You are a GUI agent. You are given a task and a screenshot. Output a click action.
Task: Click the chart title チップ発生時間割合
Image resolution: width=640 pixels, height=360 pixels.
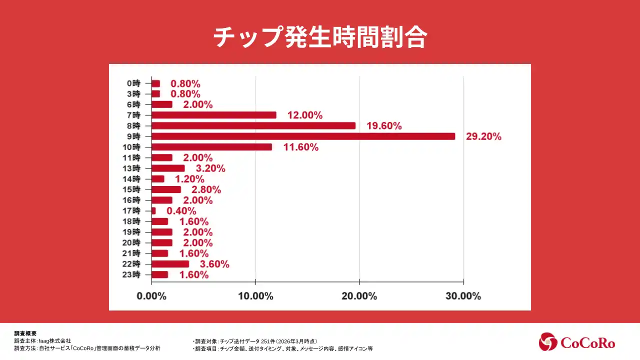click(320, 37)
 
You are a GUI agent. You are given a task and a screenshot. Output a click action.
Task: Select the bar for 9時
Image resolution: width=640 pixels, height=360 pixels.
click(303, 136)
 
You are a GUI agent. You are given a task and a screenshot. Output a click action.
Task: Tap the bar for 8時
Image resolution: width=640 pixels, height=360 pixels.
click(253, 125)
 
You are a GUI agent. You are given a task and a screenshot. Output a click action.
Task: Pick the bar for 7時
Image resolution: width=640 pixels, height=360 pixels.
click(214, 115)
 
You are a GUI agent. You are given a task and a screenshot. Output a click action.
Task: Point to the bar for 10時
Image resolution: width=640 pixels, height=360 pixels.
click(212, 147)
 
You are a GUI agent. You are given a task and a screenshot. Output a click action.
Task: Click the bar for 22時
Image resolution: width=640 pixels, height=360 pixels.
click(170, 264)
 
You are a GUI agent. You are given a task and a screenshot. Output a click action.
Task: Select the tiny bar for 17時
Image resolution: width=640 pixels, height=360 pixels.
click(153, 211)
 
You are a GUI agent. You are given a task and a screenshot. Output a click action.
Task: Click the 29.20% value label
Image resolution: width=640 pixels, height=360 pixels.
click(483, 136)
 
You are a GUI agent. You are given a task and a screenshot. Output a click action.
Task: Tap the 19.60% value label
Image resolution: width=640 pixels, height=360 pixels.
click(384, 126)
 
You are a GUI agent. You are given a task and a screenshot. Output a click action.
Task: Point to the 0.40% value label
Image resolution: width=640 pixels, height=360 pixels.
click(181, 211)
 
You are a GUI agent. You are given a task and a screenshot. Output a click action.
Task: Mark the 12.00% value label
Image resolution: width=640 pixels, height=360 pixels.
click(305, 115)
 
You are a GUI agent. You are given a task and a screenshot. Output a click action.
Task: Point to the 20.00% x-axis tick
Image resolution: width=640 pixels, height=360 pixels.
click(359, 296)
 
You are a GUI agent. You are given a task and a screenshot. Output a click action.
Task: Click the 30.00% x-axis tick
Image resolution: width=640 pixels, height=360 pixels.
click(463, 296)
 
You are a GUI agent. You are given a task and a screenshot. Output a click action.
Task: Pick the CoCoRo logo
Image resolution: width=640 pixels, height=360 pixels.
click(577, 342)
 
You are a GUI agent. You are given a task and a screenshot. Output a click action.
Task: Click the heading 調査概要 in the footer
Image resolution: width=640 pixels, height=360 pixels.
click(25, 333)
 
